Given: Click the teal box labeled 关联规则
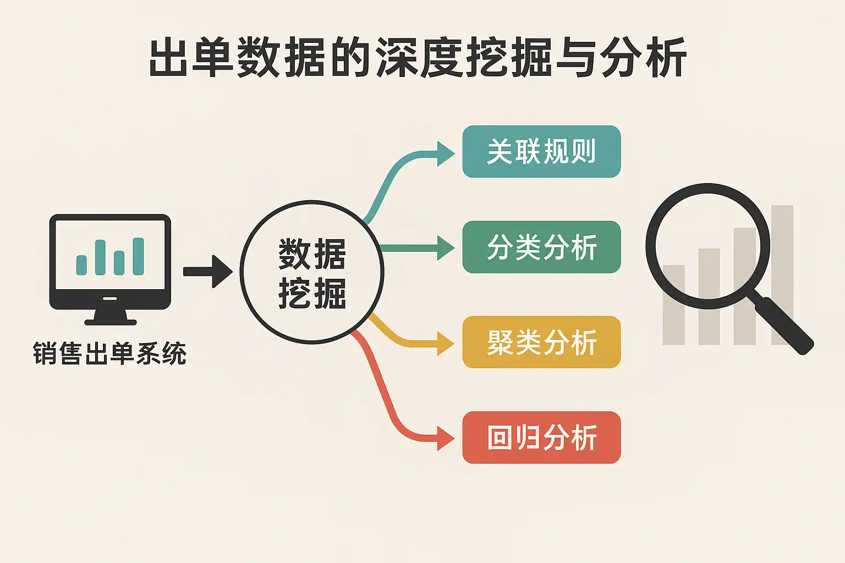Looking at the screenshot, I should click(x=541, y=152).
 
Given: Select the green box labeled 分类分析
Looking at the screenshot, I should click(x=541, y=247).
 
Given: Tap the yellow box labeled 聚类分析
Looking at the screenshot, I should click(x=541, y=342).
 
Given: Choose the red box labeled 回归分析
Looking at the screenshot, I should click(x=541, y=438).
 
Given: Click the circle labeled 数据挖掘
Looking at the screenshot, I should click(x=312, y=273).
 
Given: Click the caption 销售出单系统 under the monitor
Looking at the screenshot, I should click(x=109, y=354).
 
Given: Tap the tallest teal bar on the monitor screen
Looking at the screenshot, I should click(x=138, y=256).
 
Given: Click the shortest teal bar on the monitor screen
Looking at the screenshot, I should click(x=81, y=265).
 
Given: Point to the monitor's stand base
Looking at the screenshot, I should click(x=110, y=321).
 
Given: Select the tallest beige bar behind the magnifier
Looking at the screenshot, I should click(x=782, y=275).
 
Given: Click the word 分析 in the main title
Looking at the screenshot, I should click(x=643, y=58).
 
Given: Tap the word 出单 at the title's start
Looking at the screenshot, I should click(x=192, y=58).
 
